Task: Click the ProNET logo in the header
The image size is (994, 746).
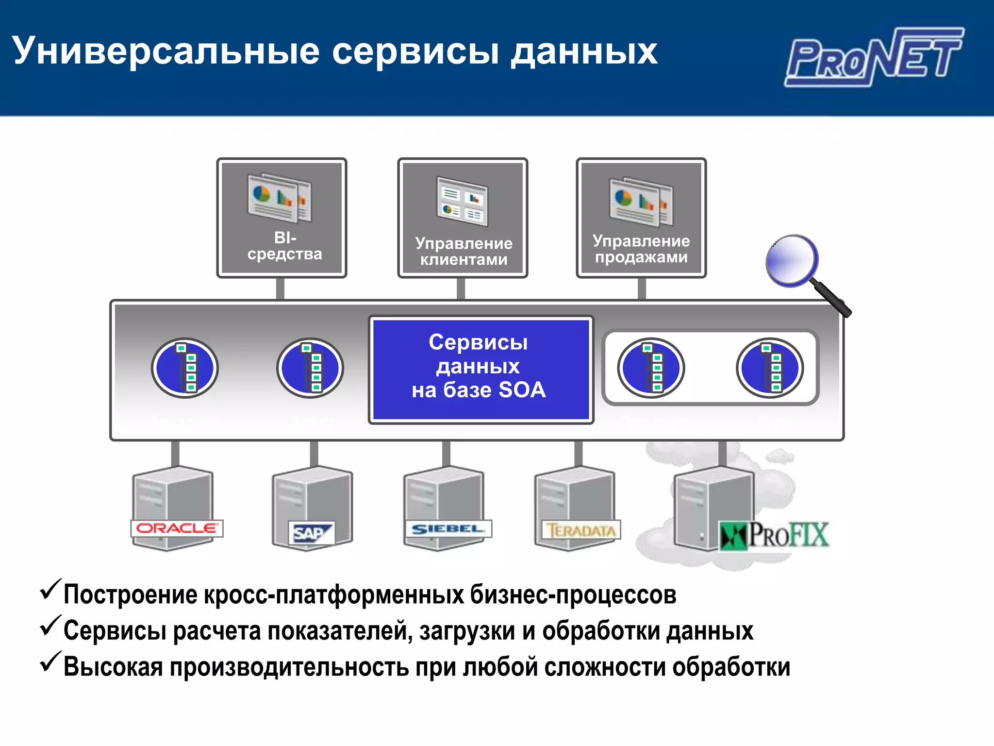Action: point(874,57)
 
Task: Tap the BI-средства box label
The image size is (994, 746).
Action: point(284,246)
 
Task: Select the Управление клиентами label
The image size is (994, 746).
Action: point(464,251)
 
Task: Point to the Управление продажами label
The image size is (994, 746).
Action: point(641,249)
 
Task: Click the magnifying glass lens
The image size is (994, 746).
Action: point(792,261)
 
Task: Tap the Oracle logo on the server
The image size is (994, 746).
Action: point(177,528)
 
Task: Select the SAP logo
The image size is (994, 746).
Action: point(311,533)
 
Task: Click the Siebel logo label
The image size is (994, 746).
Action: point(447,528)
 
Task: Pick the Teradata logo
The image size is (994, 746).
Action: point(580,530)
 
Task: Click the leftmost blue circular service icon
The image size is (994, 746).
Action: point(184,368)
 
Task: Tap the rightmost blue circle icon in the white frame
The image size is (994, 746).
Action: point(770,368)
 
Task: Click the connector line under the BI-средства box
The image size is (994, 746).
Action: point(280,288)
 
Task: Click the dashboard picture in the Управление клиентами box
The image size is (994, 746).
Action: point(462,201)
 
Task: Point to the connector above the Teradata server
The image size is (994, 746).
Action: point(579,454)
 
